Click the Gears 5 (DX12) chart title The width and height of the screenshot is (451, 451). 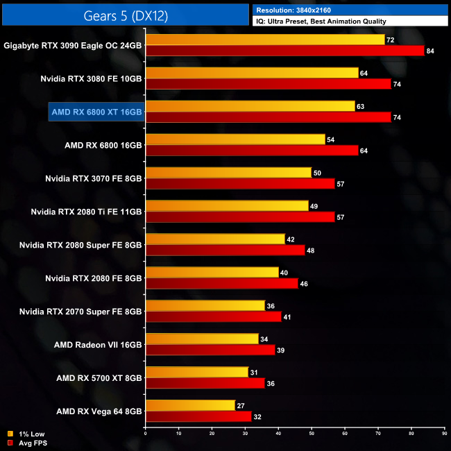tap(126, 14)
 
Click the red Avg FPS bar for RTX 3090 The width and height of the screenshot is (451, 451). tap(284, 51)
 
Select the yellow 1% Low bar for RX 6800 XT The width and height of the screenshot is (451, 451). tap(250, 106)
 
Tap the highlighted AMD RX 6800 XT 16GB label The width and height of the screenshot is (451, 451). tap(96, 112)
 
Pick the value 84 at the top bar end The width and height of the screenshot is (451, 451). tap(430, 51)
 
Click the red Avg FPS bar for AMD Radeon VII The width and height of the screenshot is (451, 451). tap(210, 350)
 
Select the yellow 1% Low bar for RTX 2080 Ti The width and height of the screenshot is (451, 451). tap(227, 206)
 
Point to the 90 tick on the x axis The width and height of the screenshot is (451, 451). tap(444, 434)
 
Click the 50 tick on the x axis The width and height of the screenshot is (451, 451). tap(312, 434)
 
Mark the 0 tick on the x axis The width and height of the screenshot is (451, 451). tap(146, 434)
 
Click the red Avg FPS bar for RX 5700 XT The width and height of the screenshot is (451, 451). tap(205, 384)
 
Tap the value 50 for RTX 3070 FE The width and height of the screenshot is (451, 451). tap(317, 173)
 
